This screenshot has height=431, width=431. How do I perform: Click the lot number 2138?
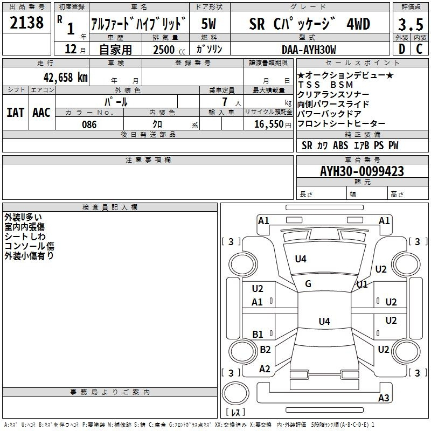coord(26,23)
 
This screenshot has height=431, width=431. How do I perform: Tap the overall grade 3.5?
coord(411,24)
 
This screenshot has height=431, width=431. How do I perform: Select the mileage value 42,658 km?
coord(65,77)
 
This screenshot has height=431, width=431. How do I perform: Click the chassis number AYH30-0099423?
coord(362,171)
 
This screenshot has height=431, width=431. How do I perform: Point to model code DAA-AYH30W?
coord(309,50)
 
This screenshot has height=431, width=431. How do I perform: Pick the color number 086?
coord(89,124)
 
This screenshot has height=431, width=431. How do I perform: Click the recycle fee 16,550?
coord(269,124)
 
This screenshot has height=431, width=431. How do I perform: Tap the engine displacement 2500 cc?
coord(169,50)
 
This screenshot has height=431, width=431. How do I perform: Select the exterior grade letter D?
coord(402,49)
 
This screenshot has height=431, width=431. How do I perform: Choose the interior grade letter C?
coord(419,49)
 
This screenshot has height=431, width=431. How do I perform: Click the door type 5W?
coord(208,24)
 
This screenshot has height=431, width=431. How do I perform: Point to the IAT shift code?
coord(16,113)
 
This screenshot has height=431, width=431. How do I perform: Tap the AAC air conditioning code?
coord(41,113)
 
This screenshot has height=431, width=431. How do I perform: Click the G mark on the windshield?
coord(308,284)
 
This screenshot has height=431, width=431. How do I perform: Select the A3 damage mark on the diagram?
coord(384,398)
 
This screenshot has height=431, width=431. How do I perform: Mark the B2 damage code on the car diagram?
coord(265,349)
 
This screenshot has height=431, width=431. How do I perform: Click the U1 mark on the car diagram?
coord(362,284)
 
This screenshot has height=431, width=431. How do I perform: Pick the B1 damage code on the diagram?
coord(258,334)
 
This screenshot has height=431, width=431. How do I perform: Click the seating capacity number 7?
coord(225,102)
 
